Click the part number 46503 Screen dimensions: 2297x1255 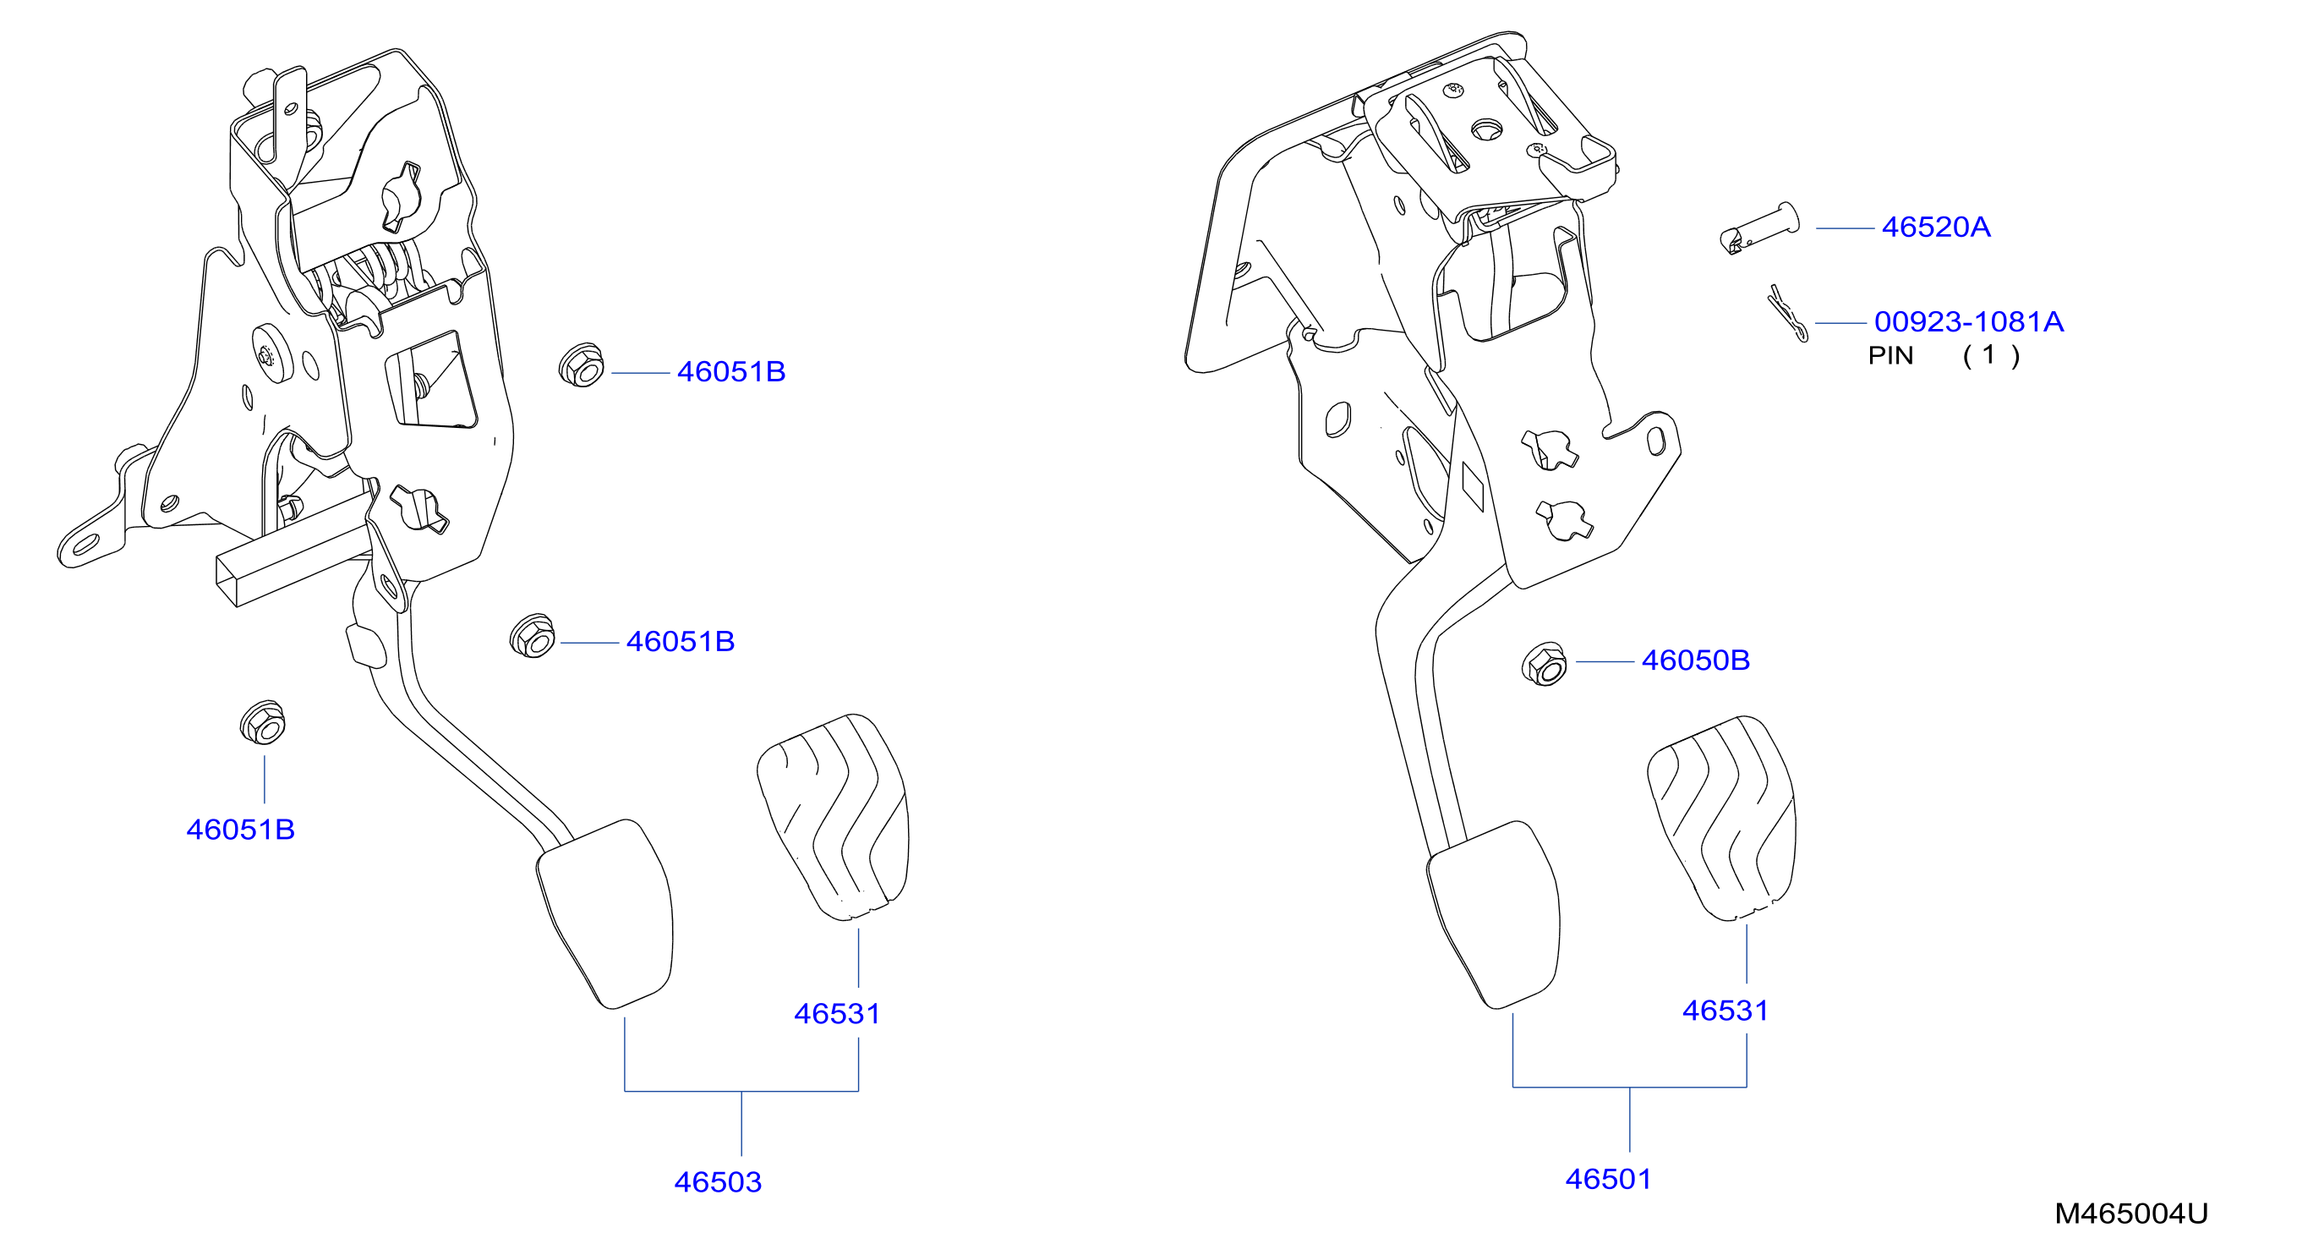718,1182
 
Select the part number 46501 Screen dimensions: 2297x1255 1609,1179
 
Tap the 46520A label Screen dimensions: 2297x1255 1936,227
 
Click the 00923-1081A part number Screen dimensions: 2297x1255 1969,321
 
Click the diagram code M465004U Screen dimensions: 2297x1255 2131,1214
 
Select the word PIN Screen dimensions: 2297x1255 1890,356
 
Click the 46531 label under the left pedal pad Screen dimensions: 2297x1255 837,1014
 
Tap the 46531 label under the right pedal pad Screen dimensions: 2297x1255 1725,1011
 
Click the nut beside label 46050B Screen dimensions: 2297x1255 1545,665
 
